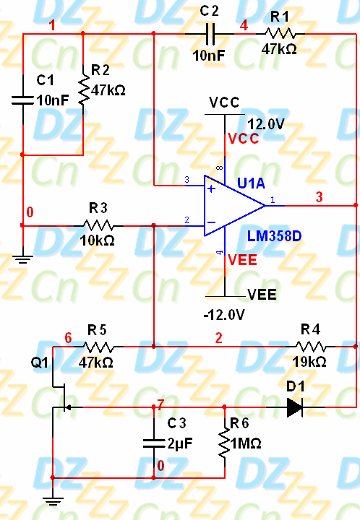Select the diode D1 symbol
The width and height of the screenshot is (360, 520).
[294, 407]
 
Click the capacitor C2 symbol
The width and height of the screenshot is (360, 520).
[210, 33]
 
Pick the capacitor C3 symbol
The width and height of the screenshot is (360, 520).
[153, 442]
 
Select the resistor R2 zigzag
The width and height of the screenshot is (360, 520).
[83, 91]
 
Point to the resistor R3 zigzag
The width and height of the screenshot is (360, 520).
[98, 225]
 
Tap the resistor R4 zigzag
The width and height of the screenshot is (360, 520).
[311, 347]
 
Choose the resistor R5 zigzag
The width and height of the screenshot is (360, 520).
[98, 347]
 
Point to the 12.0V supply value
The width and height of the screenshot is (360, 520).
[265, 124]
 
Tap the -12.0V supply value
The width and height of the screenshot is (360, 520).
[225, 316]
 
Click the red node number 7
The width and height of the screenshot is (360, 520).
[160, 404]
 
